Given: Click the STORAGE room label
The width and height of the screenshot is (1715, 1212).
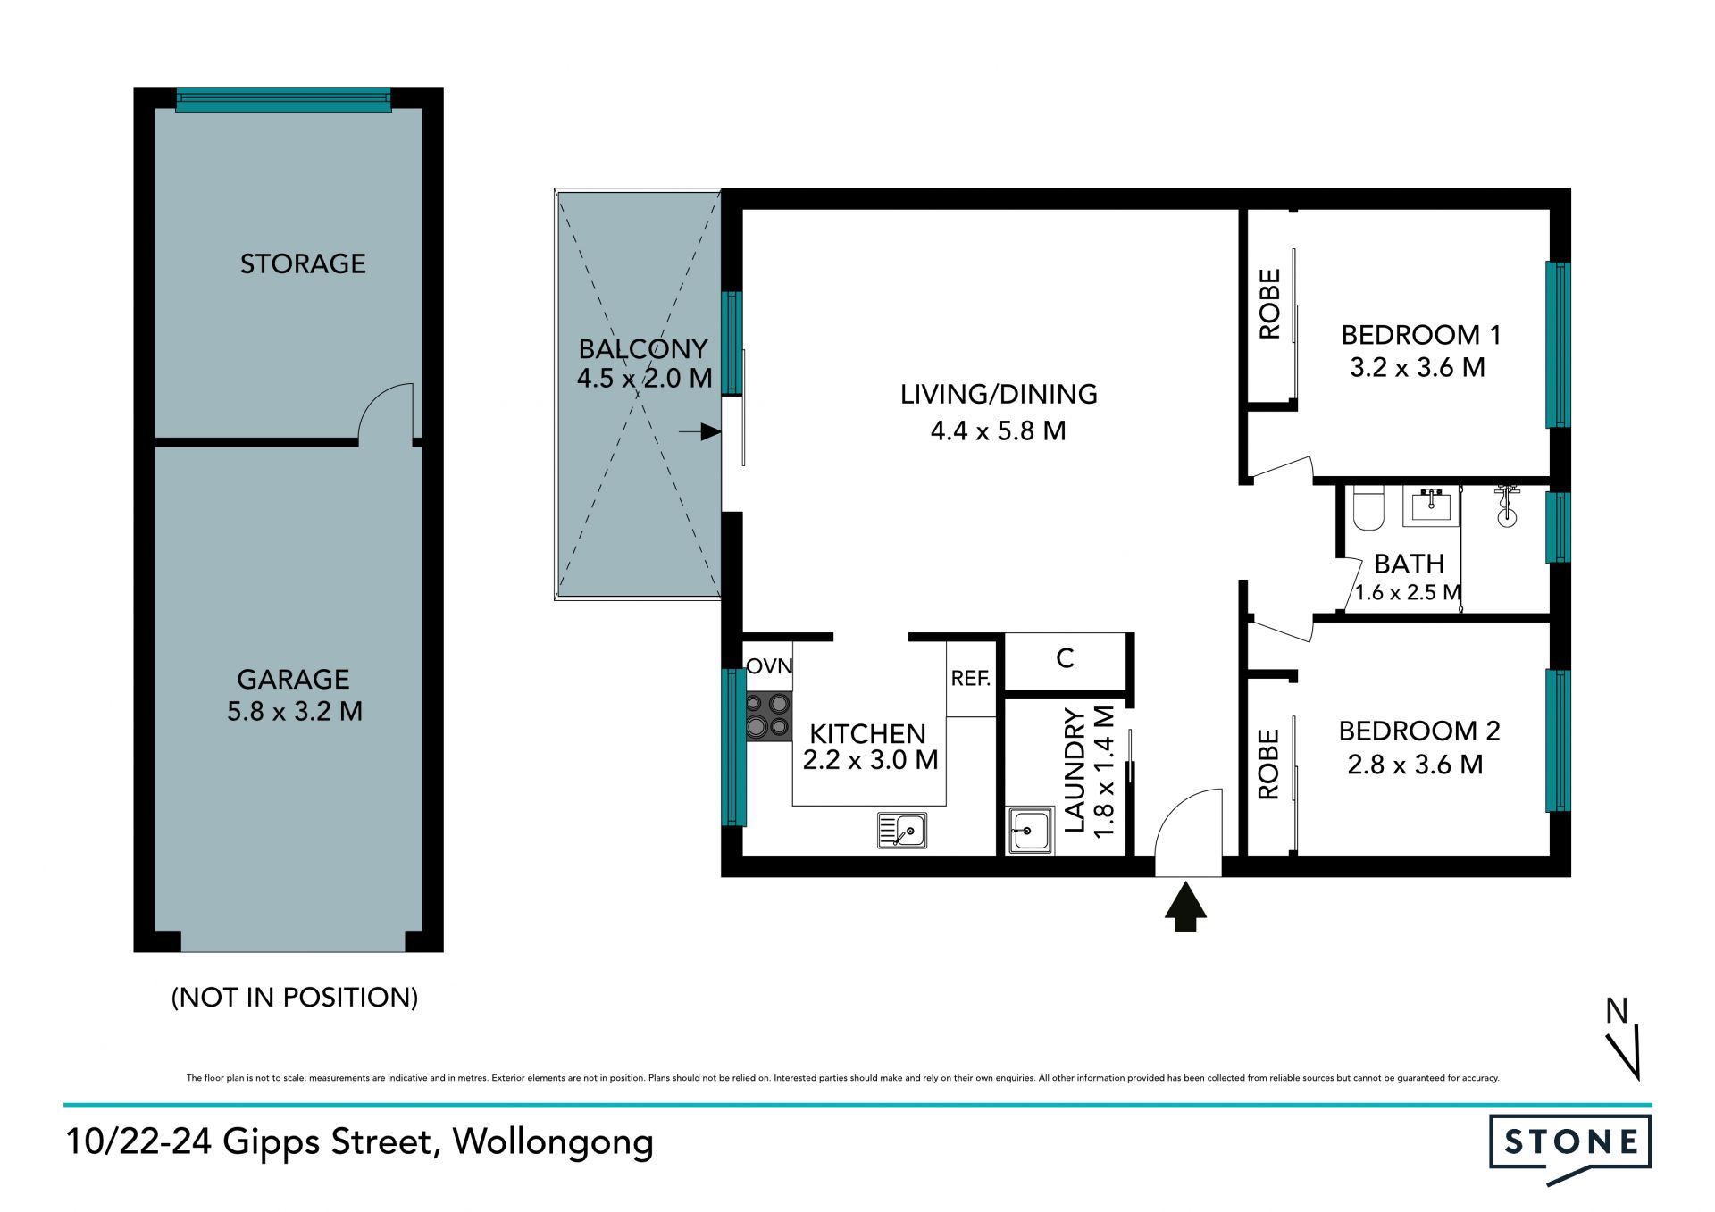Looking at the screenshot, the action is click(303, 263).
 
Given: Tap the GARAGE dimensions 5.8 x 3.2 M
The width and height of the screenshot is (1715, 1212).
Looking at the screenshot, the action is click(295, 711).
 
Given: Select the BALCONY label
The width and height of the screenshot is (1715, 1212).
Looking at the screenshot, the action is click(643, 348).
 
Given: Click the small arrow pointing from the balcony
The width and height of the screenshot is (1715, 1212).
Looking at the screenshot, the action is click(700, 432).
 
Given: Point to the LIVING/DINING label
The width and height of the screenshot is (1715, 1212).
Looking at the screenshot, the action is click(999, 394).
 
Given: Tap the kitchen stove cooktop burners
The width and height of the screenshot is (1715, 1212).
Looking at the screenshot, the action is click(768, 716).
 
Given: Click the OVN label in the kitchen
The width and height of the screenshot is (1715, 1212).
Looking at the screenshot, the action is click(769, 665).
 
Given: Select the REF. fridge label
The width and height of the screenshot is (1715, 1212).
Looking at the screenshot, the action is click(971, 679).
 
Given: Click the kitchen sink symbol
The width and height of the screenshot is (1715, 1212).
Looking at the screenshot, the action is click(902, 831).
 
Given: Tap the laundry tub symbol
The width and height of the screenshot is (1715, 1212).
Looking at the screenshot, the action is click(1030, 831).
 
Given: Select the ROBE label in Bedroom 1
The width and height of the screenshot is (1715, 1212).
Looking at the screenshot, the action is click(1269, 305).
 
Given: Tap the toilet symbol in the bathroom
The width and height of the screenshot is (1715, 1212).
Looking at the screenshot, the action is click(1368, 507).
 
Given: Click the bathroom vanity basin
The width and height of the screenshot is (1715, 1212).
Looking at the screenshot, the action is click(1431, 506).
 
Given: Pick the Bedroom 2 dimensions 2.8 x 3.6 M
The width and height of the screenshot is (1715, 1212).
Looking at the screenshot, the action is click(1415, 765).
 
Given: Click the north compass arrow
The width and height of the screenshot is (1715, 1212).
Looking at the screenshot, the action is click(1626, 1053).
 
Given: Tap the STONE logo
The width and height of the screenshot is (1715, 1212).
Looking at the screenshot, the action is click(1570, 1148).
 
